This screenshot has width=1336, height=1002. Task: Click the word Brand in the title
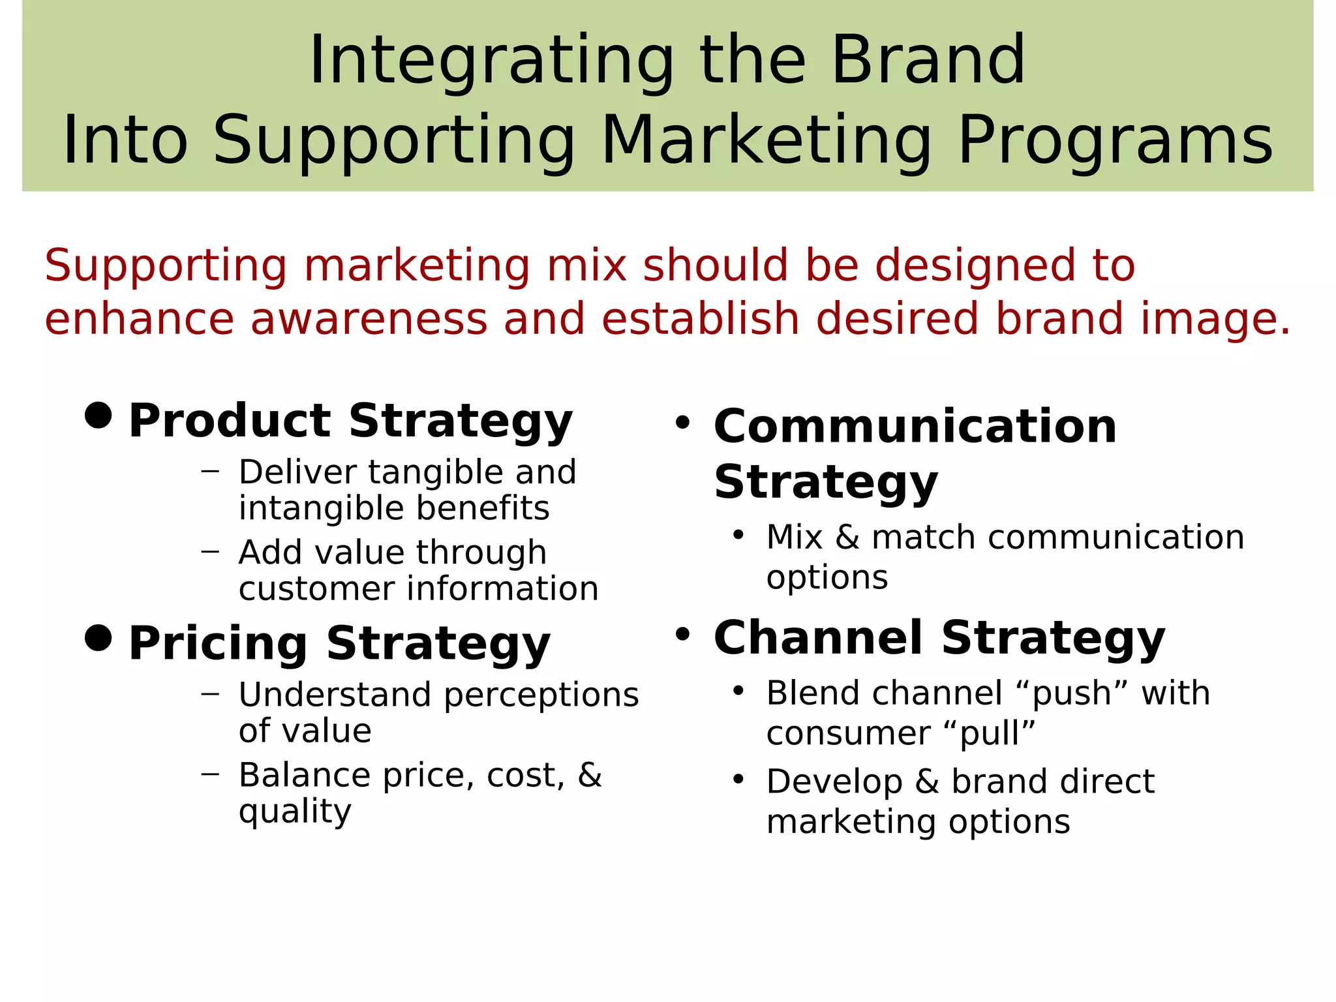click(928, 60)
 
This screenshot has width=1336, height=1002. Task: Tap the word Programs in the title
click(1115, 141)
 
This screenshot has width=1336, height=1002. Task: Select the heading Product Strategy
click(350, 421)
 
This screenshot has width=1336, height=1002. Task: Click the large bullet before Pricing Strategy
click(99, 637)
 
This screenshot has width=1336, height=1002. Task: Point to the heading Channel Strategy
click(939, 637)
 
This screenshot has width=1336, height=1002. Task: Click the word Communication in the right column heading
click(915, 426)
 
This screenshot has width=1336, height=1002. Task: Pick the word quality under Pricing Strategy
click(295, 812)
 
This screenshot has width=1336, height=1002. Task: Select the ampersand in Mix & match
click(847, 538)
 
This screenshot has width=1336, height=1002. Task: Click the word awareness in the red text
click(369, 319)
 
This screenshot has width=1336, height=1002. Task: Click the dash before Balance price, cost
click(210, 774)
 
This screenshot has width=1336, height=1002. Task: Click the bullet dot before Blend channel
click(738, 691)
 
